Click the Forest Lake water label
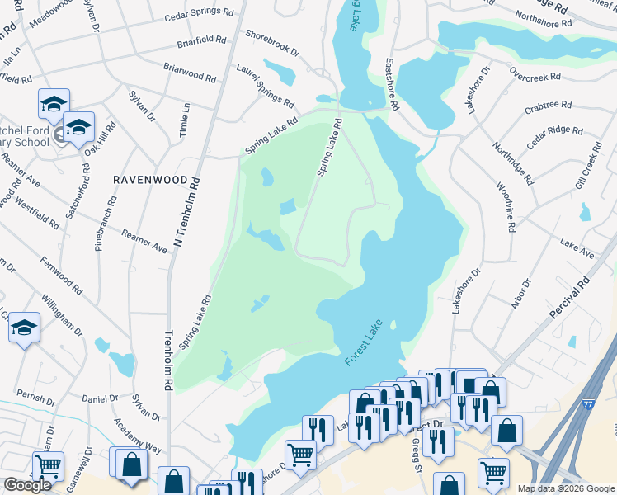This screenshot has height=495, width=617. pos(364,343)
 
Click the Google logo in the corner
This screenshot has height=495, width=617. pos(27,485)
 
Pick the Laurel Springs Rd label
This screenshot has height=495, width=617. pos(266,87)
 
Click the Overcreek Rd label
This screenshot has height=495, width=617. pos(535,74)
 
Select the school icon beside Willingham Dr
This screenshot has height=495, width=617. pos(25,328)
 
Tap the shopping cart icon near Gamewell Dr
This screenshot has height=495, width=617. pos(48,466)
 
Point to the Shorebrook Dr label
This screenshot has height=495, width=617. pos(271,42)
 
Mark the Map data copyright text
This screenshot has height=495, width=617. pos(566,488)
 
